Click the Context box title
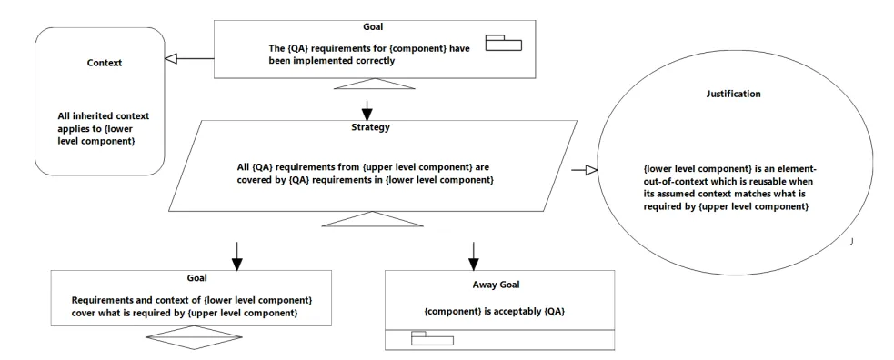(105, 63)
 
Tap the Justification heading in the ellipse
(733, 94)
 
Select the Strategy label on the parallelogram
(370, 127)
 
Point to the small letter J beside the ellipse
(852, 241)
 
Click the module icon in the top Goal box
(504, 43)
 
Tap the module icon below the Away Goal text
(432, 338)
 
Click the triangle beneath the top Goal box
(374, 83)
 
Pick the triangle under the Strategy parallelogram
(372, 219)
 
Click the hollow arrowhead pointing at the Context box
(171, 57)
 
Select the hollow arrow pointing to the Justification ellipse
(584, 170)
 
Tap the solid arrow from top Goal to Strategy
(367, 108)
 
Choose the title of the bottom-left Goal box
(196, 278)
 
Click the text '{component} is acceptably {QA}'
(495, 312)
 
